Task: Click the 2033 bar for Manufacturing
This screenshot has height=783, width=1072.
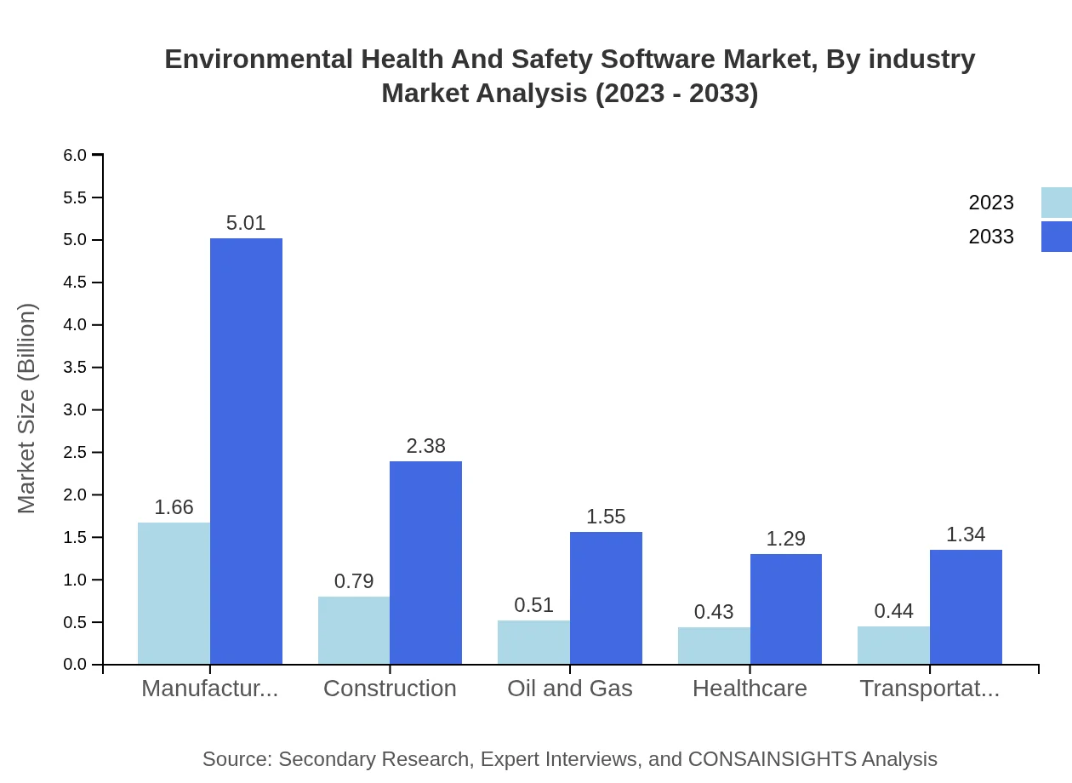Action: coord(246,451)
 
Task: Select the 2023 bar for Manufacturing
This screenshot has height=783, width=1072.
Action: coord(174,593)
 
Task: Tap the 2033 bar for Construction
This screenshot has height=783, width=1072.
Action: coord(425,563)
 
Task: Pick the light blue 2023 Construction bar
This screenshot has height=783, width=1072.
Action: coord(354,630)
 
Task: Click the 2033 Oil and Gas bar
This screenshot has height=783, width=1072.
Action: coord(606,597)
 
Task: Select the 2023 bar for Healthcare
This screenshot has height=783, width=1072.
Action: coord(714,646)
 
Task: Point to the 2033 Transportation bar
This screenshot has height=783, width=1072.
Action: coord(966,607)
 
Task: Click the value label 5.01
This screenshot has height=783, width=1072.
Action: coord(246,223)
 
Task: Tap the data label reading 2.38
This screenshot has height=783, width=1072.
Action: coord(425,446)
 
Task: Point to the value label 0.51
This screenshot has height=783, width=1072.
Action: coord(533,605)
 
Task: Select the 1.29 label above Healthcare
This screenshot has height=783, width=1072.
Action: coord(785,539)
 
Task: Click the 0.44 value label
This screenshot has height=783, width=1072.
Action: coord(893,611)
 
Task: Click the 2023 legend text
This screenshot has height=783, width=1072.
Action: coord(991,203)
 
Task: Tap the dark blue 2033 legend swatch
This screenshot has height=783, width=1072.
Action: coord(1056,237)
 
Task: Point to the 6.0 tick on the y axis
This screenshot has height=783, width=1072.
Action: coord(75,155)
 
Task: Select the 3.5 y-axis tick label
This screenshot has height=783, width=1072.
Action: coord(75,368)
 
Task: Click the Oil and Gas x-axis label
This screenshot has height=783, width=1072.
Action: coord(570,689)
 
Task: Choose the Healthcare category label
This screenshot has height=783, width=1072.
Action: coord(750,689)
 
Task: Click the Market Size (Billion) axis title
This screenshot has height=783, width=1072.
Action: coord(27,409)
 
